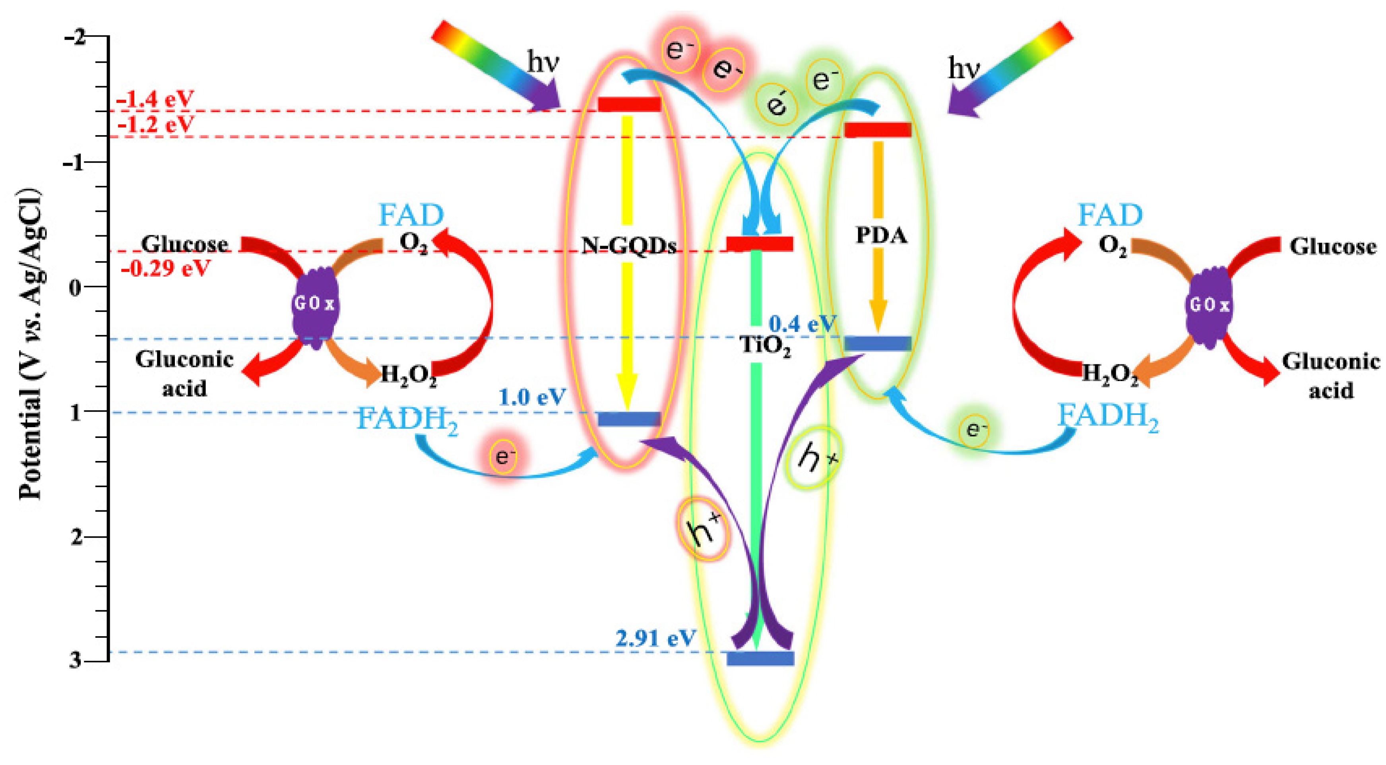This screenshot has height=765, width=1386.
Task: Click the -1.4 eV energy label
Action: (x=155, y=99)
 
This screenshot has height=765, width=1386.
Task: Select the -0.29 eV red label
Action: (x=165, y=268)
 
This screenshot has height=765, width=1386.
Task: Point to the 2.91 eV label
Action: (x=655, y=638)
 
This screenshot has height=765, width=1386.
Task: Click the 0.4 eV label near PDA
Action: (x=802, y=324)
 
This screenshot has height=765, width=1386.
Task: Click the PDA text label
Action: (x=881, y=235)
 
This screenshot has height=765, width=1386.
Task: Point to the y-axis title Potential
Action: (x=31, y=344)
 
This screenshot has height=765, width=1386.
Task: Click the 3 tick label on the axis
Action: (x=76, y=660)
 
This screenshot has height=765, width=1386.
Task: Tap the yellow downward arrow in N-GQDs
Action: (x=627, y=263)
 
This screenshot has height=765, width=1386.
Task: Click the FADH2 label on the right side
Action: (x=1108, y=417)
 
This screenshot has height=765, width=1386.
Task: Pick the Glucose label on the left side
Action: (x=184, y=244)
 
